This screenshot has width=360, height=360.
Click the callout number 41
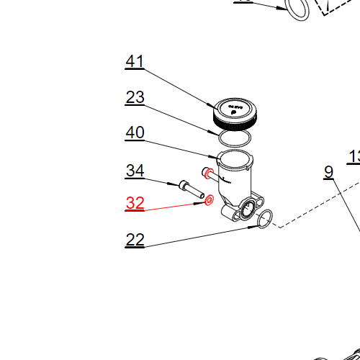(135, 62)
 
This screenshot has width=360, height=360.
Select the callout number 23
(135, 97)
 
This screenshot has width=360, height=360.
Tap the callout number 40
(135, 133)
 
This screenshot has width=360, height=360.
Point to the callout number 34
(135, 171)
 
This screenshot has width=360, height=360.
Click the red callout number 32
(135, 204)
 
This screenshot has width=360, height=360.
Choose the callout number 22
(135, 240)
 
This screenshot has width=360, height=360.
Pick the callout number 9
(328, 172)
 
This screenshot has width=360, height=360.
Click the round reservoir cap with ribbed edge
(235, 112)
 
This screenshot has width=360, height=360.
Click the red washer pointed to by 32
(209, 199)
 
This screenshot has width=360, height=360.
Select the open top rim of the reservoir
(235, 158)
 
